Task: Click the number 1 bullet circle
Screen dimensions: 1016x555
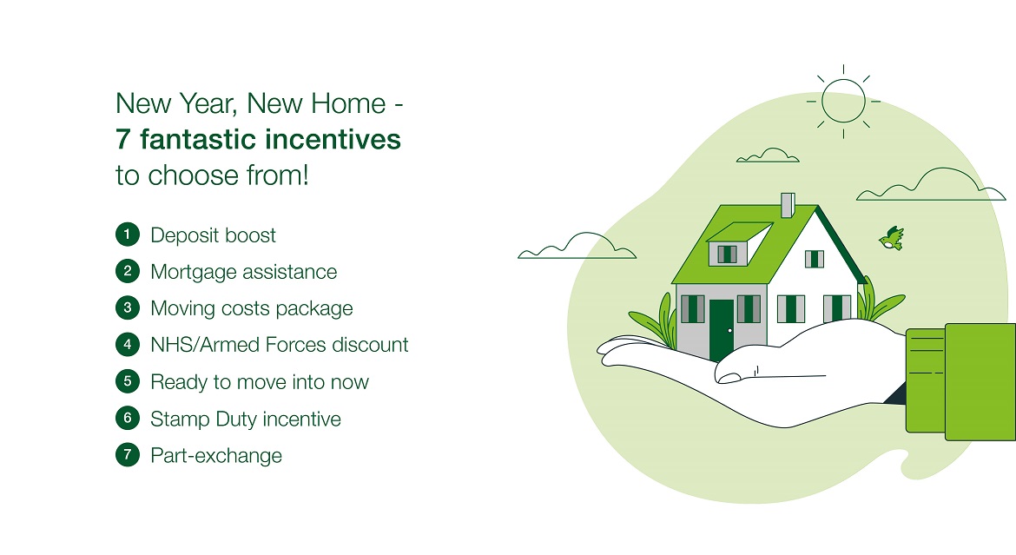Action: point(128,234)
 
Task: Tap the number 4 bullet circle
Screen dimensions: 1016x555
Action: point(128,344)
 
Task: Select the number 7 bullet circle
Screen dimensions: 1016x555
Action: point(128,454)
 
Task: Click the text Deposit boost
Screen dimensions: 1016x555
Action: point(213,235)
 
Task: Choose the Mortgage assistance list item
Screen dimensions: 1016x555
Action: point(244,273)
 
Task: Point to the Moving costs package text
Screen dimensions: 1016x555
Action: point(252,308)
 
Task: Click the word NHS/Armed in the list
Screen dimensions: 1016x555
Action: point(205,344)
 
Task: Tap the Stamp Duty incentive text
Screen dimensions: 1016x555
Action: point(246,420)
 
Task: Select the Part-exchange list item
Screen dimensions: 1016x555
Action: point(216,456)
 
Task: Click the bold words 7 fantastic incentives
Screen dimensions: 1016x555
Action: point(259,139)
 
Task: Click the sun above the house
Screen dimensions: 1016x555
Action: point(843,101)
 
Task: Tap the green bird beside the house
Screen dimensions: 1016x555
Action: point(892,238)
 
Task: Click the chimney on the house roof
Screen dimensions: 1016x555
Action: point(788,205)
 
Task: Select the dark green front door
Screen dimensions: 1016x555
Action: point(722,330)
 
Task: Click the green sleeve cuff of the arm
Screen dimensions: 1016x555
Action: point(926,380)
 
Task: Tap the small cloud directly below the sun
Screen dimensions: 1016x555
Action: point(768,155)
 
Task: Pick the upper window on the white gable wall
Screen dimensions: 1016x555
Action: point(815,259)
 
